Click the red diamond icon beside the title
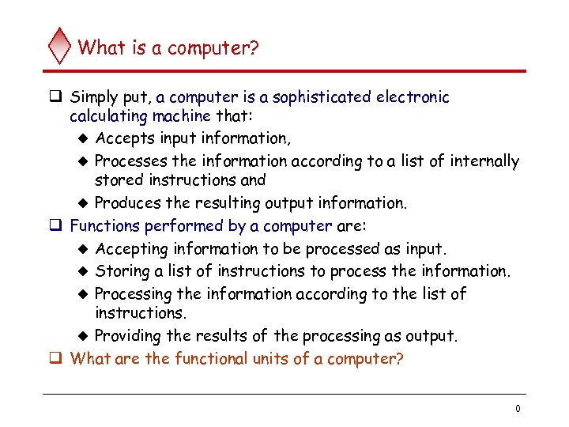click(x=60, y=46)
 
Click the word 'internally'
click(x=484, y=161)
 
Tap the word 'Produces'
click(x=126, y=203)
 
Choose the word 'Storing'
click(x=122, y=271)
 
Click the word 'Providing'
click(x=128, y=336)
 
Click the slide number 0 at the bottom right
click(x=517, y=409)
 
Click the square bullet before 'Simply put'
click(x=57, y=98)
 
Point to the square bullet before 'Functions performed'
click(x=57, y=226)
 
